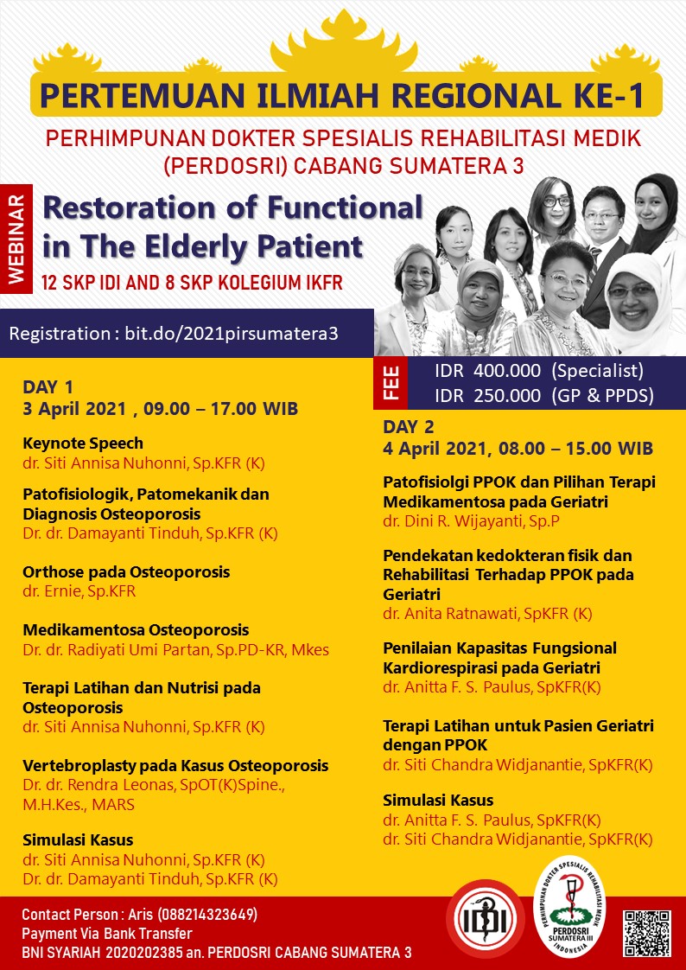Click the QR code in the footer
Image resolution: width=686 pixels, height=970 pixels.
pyautogui.click(x=646, y=934)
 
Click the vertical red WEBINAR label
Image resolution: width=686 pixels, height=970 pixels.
pyautogui.click(x=16, y=238)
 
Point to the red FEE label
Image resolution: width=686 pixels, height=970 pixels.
pyautogui.click(x=391, y=383)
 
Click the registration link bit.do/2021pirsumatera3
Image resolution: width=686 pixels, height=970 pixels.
pyautogui.click(x=232, y=334)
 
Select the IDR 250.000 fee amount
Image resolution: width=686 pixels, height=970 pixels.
pyautogui.click(x=487, y=395)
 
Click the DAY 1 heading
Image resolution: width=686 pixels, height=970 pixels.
pyautogui.click(x=48, y=387)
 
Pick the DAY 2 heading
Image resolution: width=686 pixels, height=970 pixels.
pyautogui.click(x=409, y=427)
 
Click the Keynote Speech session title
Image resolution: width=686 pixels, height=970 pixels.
pyautogui.click(x=83, y=443)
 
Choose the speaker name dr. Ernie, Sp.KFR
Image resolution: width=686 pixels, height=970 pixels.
pyautogui.click(x=79, y=590)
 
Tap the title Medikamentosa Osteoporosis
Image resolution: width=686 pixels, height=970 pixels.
pyautogui.click(x=136, y=629)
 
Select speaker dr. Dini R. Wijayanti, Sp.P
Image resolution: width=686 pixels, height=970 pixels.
pyautogui.click(x=471, y=521)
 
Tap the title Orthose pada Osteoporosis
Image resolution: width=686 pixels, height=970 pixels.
pyautogui.click(x=126, y=571)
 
